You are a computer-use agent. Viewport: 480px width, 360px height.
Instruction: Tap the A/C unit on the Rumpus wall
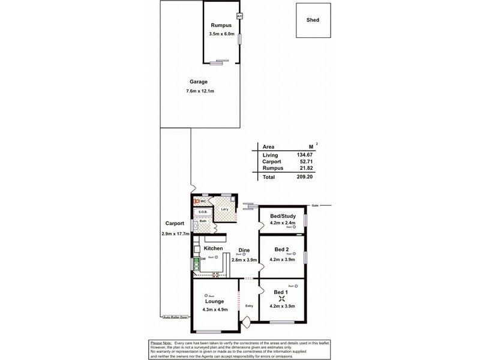coord(239,16)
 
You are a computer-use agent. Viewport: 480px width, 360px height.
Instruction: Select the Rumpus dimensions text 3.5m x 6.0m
coord(221,35)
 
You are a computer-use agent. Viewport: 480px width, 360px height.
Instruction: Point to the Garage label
coord(199,82)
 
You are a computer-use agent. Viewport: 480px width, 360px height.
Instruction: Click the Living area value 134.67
coord(305,155)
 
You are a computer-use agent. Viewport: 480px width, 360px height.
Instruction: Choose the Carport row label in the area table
coord(272,162)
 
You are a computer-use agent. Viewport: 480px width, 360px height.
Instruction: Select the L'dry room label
coord(224,209)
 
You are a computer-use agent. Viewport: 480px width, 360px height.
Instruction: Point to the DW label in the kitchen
coord(203,259)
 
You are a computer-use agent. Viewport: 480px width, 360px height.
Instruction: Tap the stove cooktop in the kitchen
coord(216,275)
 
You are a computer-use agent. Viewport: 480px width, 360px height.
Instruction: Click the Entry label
coord(250,306)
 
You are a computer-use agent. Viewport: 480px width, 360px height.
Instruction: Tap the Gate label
coord(315,206)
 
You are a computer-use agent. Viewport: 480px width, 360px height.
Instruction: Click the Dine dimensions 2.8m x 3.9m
coord(244,260)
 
